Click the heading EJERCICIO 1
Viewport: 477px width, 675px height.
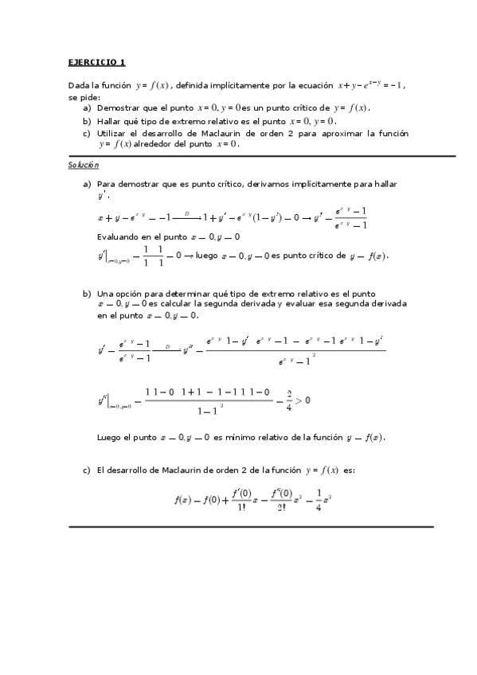(96, 61)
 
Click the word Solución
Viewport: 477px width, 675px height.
(84, 165)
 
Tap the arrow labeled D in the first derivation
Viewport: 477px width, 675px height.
(186, 216)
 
